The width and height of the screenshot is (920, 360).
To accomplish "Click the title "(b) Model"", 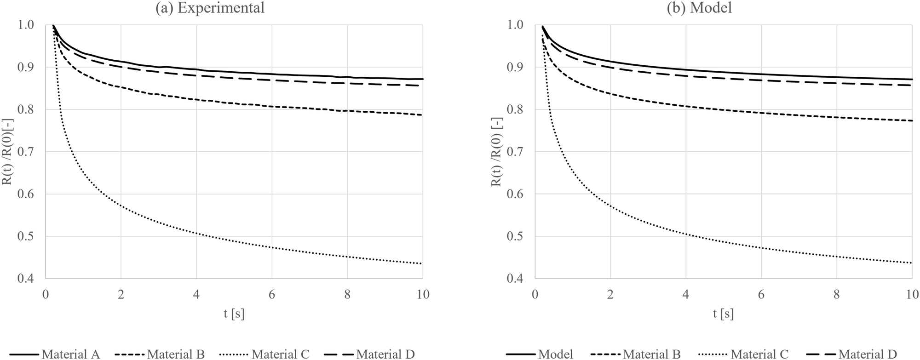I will click(x=699, y=8).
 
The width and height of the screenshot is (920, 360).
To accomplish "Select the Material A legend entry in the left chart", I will click(x=70, y=354).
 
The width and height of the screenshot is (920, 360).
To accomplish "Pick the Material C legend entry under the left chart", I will click(x=280, y=354).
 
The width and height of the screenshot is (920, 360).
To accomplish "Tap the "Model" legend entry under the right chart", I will click(x=555, y=354).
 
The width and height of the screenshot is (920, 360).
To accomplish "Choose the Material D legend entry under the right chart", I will click(x=867, y=354).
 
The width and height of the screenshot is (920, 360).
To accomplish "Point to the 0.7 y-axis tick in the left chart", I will click(x=29, y=152).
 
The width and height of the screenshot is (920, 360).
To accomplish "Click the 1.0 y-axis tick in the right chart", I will click(x=519, y=25).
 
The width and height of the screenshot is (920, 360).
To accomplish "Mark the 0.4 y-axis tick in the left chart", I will click(x=29, y=279).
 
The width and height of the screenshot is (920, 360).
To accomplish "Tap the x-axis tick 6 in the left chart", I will click(x=272, y=294).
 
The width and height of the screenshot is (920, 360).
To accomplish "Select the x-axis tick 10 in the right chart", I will click(x=912, y=294).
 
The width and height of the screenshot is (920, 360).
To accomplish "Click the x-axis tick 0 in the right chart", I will click(x=535, y=294).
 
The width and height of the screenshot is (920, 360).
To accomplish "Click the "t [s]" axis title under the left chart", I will click(x=234, y=314).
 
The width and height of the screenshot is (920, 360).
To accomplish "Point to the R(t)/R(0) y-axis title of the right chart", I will click(x=496, y=152).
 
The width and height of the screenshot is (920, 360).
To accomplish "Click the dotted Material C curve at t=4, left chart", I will click(x=196, y=234).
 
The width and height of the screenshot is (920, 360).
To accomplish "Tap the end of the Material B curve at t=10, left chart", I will click(x=422, y=114).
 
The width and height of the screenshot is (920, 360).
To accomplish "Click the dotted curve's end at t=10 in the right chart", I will click(x=911, y=263).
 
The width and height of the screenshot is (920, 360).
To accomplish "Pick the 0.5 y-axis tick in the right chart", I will click(x=519, y=236).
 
